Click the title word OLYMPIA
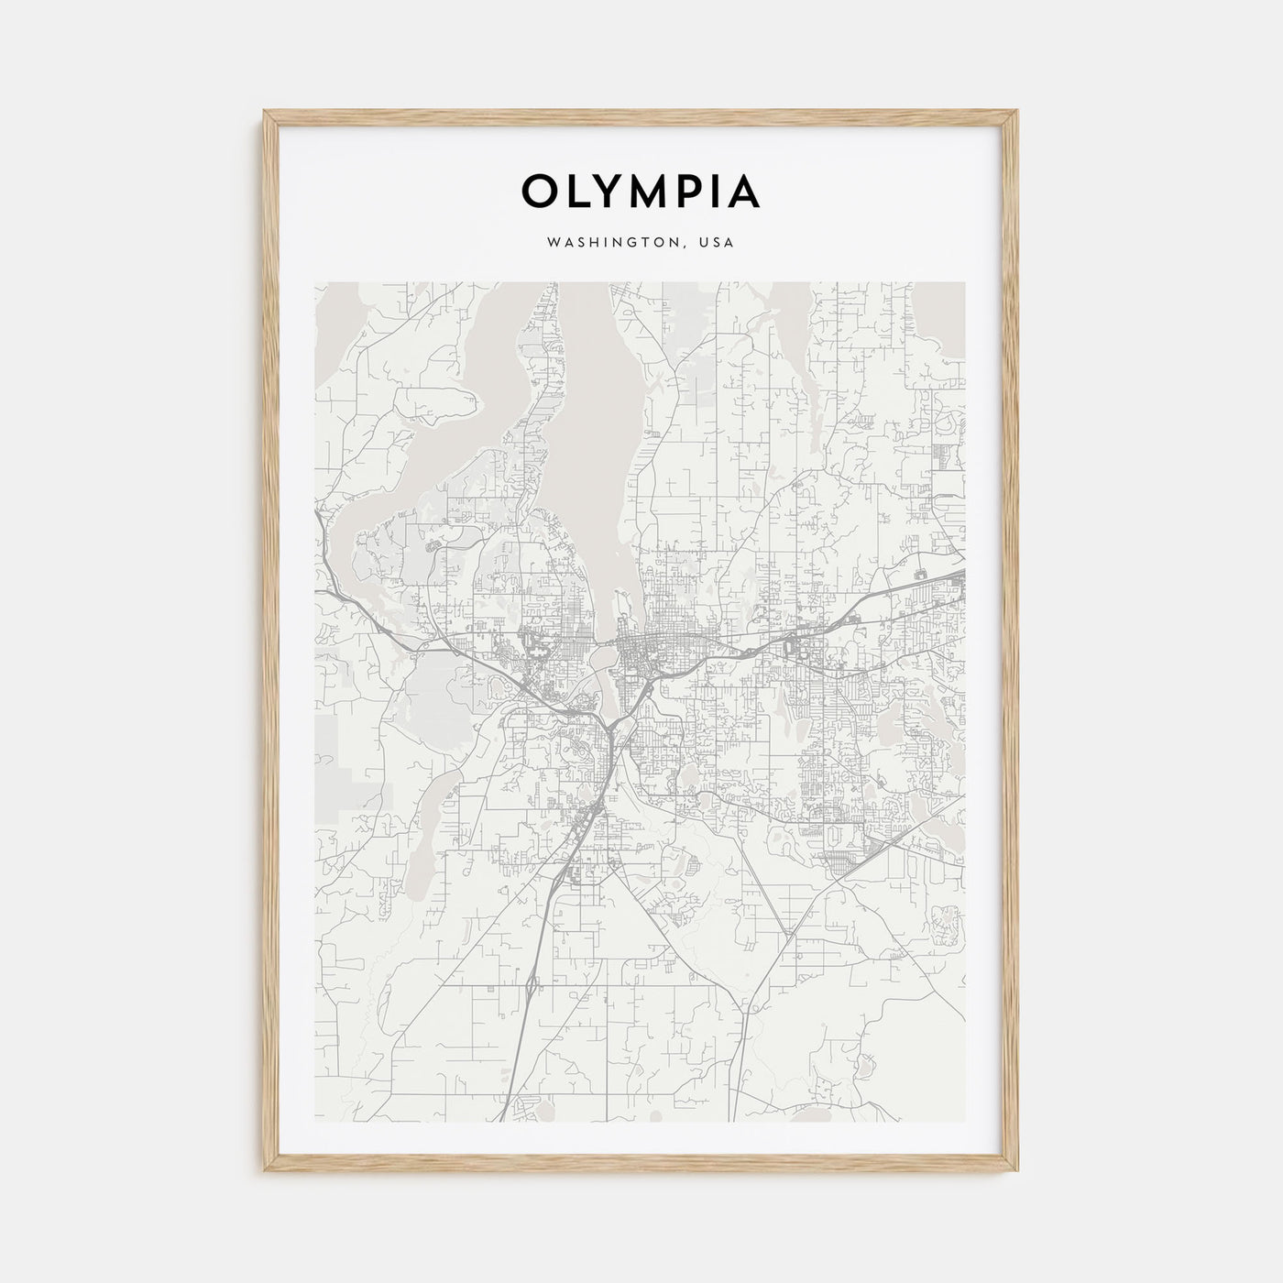pyautogui.click(x=641, y=191)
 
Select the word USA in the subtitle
pyautogui.click(x=717, y=244)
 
